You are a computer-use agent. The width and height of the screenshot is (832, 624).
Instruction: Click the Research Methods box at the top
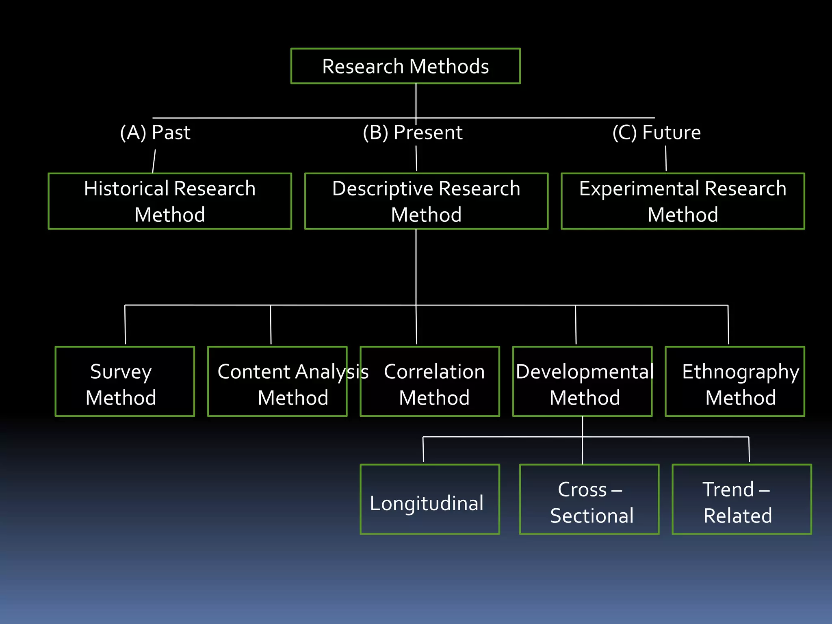(x=405, y=66)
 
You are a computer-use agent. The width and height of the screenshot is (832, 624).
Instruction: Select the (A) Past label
(x=155, y=132)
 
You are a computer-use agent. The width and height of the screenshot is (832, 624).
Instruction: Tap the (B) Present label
(x=413, y=132)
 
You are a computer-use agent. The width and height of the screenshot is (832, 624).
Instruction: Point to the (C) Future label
(x=656, y=132)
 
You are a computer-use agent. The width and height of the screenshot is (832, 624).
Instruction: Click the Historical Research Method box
(x=170, y=201)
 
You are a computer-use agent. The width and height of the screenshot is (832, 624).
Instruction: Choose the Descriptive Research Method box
(x=426, y=201)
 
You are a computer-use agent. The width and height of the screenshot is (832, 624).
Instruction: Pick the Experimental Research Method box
(x=682, y=201)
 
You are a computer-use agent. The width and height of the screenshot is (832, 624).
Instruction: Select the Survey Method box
(x=125, y=381)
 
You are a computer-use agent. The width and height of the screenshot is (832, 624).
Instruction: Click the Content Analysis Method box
(x=277, y=381)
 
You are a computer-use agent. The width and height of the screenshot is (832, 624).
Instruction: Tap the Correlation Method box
(x=430, y=381)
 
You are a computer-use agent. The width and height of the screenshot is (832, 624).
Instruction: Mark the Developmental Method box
(x=582, y=381)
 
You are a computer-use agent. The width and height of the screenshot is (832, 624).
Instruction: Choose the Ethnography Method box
(x=734, y=381)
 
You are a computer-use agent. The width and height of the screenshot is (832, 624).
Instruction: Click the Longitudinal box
(x=430, y=499)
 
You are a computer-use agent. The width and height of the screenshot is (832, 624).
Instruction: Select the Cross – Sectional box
(x=589, y=499)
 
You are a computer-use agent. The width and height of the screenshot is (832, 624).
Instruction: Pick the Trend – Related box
(x=742, y=499)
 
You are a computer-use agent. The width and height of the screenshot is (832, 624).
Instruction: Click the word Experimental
(x=639, y=189)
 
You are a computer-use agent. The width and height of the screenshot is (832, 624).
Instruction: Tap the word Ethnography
(x=740, y=372)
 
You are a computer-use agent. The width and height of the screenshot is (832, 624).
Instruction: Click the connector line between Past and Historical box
(x=154, y=161)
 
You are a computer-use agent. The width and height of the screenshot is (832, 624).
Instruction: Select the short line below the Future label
(x=666, y=158)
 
